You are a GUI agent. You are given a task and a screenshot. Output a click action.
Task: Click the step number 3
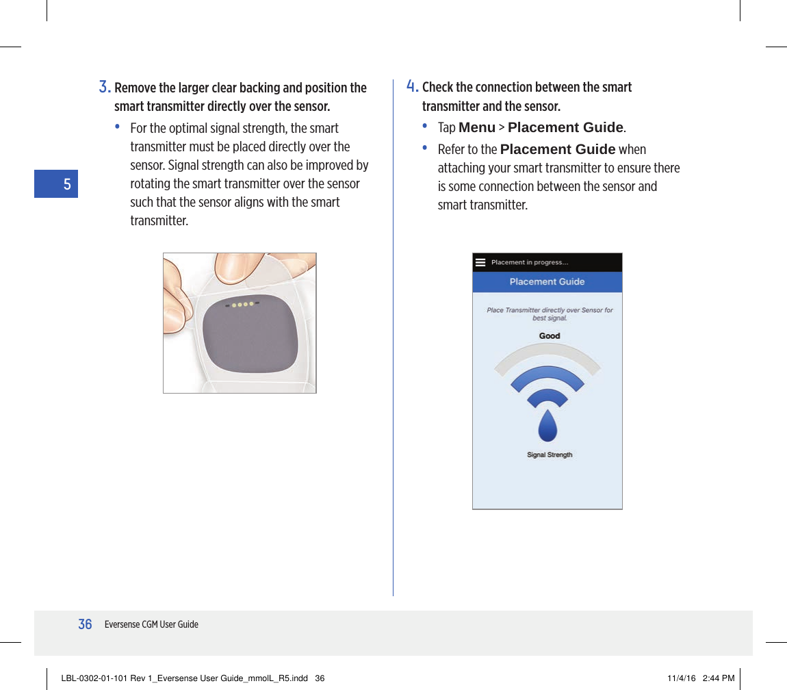tap(104, 87)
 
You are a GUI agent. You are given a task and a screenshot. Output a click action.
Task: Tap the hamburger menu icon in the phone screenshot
tap(480, 262)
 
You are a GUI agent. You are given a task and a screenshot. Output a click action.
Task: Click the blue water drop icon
tap(547, 426)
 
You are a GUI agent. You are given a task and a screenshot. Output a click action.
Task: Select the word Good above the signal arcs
tap(550, 336)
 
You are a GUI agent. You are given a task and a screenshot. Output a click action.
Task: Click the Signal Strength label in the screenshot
tap(550, 455)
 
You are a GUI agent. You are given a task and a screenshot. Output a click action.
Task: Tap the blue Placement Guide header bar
tap(547, 282)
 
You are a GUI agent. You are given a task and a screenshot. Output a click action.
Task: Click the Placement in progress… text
tap(530, 262)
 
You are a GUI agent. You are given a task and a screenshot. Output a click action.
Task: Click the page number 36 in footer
tap(85, 624)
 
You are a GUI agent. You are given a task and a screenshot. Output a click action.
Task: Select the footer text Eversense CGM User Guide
tap(151, 624)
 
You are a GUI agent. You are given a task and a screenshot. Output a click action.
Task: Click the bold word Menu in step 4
tap(476, 128)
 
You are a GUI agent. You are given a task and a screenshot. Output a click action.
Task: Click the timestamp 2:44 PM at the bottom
tap(719, 678)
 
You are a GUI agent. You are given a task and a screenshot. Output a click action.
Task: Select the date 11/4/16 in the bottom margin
tap(681, 678)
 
